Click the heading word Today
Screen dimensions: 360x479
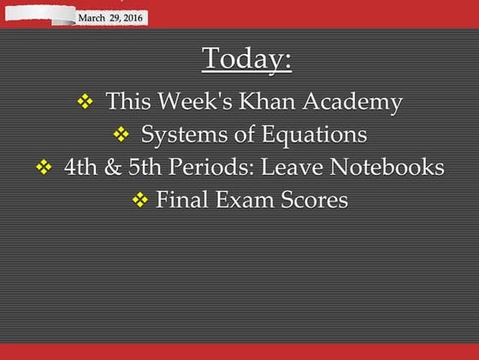point(246,60)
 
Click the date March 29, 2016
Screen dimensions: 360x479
point(111,17)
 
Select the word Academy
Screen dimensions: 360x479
point(359,103)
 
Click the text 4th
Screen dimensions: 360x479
point(80,167)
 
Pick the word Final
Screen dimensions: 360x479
point(182,201)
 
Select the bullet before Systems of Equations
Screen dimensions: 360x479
point(121,135)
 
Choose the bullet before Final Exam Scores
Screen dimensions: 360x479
point(140,201)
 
